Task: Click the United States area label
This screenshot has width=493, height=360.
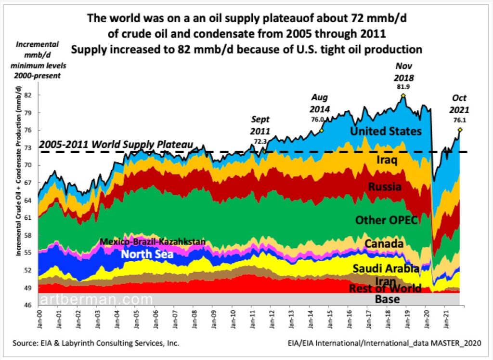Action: pyautogui.click(x=386, y=131)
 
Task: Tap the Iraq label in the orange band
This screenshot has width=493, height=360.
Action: pyautogui.click(x=388, y=160)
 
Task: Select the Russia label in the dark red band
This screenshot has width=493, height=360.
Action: pyautogui.click(x=385, y=187)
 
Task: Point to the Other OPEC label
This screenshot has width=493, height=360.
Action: pyautogui.click(x=386, y=220)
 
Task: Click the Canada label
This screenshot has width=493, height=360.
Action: pyautogui.click(x=384, y=244)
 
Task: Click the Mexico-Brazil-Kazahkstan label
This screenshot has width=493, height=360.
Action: pyautogui.click(x=153, y=241)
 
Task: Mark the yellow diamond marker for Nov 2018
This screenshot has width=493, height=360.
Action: pyautogui.click(x=403, y=95)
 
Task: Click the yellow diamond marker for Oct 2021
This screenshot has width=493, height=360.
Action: pyautogui.click(x=460, y=130)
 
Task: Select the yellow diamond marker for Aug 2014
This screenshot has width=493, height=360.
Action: pyautogui.click(x=321, y=130)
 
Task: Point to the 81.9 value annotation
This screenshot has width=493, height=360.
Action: pyautogui.click(x=402, y=88)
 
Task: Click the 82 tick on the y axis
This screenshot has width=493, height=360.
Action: pyautogui.click(x=28, y=95)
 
